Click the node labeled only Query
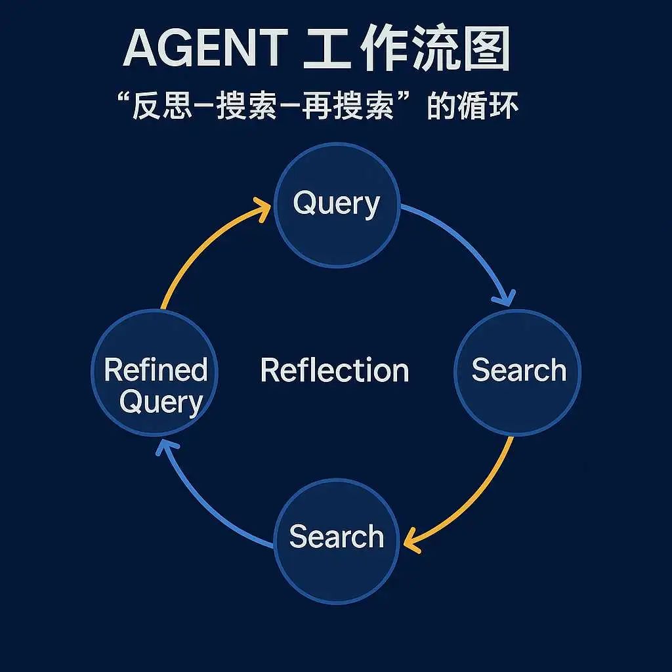tap(337, 205)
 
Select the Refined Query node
tap(154, 373)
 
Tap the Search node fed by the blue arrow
tap(518, 373)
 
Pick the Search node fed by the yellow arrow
tap(337, 541)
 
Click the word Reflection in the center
tap(335, 370)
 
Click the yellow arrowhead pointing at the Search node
tap(411, 541)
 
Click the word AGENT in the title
tap(205, 47)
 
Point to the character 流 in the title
tap(433, 48)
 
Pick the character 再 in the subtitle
tap(316, 106)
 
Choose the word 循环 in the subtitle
tap(488, 106)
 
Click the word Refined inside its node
tap(156, 370)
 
